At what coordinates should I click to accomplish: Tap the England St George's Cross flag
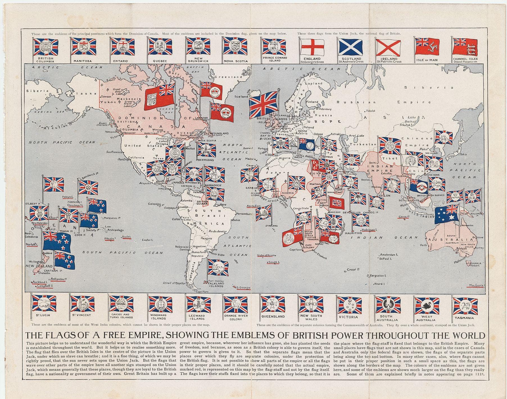point(311,47)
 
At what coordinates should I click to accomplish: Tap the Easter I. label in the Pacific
point(148,240)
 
